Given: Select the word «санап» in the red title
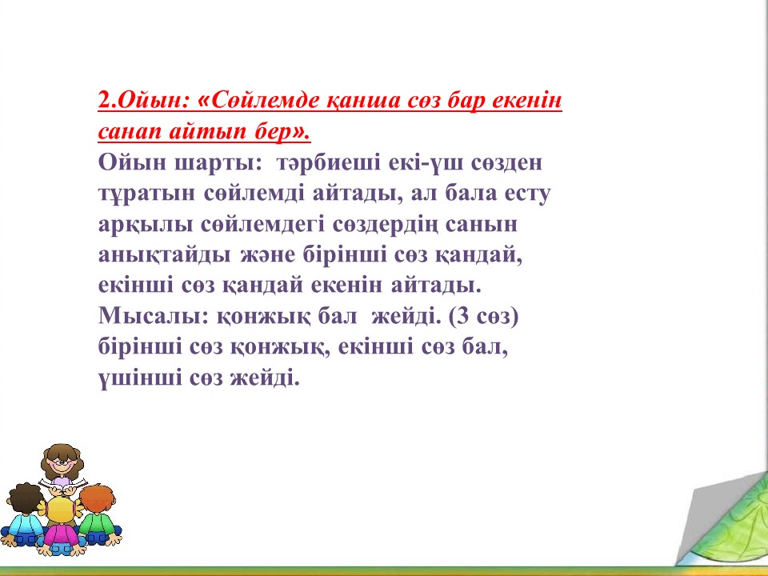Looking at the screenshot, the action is (x=129, y=132).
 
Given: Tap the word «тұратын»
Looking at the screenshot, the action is (x=146, y=194).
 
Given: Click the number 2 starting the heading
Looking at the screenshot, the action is (x=105, y=101).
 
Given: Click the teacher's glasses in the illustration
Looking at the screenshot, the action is (x=60, y=463).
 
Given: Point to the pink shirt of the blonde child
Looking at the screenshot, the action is (x=61, y=534).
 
